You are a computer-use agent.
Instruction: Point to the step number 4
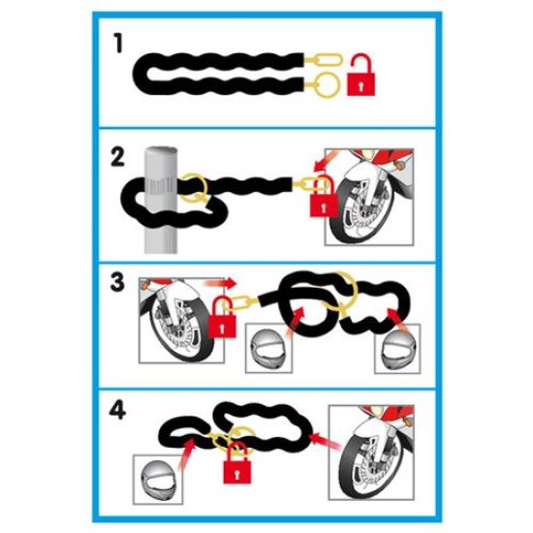tap(117, 411)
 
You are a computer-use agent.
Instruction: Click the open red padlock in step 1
tap(361, 75)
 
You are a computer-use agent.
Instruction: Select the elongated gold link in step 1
tap(324, 60)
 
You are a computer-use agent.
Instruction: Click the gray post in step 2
tap(161, 208)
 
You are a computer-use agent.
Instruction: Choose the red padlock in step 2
tap(322, 199)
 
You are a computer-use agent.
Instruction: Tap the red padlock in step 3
tap(225, 321)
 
